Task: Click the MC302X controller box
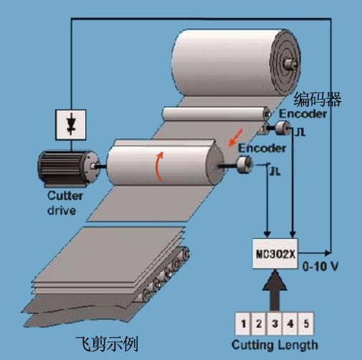click(x=275, y=254)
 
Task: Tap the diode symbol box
click(x=71, y=125)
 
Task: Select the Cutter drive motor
click(x=68, y=169)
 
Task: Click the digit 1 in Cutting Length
click(x=243, y=323)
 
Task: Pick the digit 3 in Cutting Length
click(x=275, y=323)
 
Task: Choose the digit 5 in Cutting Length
click(x=306, y=323)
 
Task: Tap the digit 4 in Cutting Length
click(x=290, y=323)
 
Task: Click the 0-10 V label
click(x=320, y=266)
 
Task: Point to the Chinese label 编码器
click(x=318, y=99)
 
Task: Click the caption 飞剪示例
click(x=108, y=344)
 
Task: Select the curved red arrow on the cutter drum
click(x=159, y=166)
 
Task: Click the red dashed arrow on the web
click(x=235, y=137)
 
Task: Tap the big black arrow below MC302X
click(x=275, y=290)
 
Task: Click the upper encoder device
click(x=282, y=128)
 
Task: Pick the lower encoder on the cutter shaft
click(x=244, y=164)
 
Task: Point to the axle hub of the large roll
click(x=290, y=63)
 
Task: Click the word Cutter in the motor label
click(x=65, y=196)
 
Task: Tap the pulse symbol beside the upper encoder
click(x=300, y=132)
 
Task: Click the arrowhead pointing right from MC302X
click(x=328, y=252)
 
